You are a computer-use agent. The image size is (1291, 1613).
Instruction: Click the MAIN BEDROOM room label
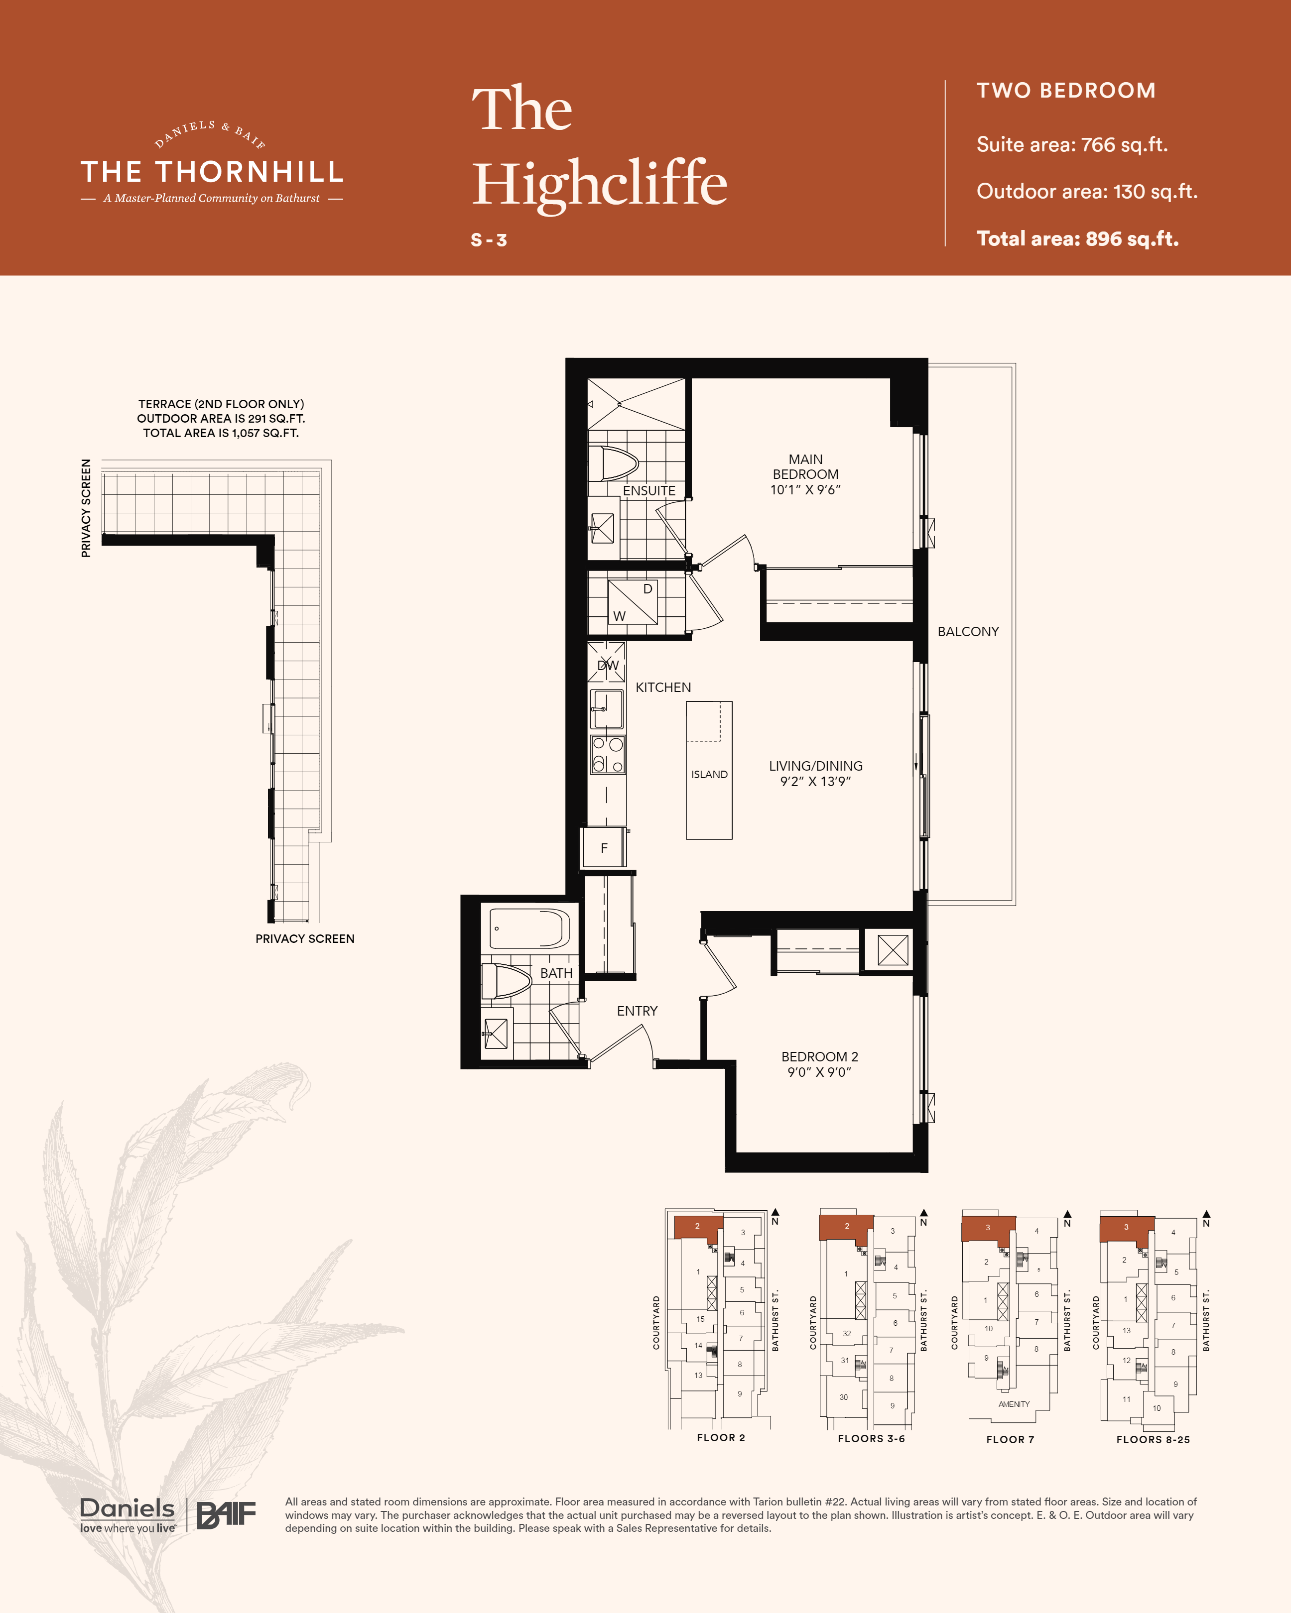805,474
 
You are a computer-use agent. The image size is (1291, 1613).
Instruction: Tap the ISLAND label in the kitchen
709,774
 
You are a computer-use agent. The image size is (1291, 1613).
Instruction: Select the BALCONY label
968,631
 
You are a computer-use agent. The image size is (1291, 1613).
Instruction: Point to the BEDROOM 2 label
819,1064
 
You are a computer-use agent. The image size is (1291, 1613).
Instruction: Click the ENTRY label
637,1011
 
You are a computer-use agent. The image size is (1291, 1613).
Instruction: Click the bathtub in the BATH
529,928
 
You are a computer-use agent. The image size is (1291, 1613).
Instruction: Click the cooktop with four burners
607,755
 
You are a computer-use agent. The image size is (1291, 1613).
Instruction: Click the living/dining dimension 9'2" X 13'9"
816,781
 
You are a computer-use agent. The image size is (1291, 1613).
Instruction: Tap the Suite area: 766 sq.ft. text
1072,144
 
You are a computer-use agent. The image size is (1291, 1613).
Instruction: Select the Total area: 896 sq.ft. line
1078,238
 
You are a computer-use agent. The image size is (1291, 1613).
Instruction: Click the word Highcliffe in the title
600,183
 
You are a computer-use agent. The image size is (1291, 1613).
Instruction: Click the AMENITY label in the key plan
1014,1404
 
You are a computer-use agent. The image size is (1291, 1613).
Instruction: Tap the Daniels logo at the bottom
127,1515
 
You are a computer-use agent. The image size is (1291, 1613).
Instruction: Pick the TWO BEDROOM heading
1066,91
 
